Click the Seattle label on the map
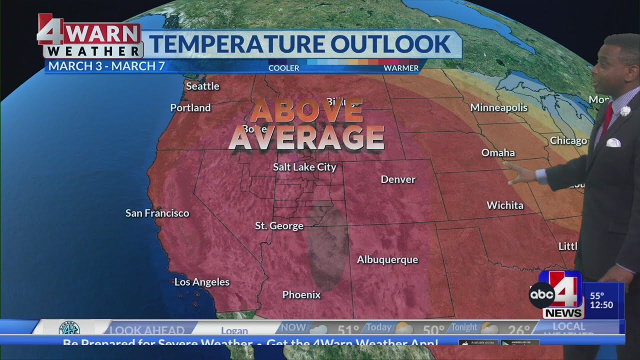pyautogui.click(x=202, y=86)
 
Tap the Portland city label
pyautogui.click(x=190, y=107)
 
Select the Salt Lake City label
pyautogui.click(x=304, y=167)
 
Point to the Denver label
pyautogui.click(x=398, y=179)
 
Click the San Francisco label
pyautogui.click(x=157, y=213)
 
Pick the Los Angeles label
pyautogui.click(x=201, y=282)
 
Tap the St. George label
pyautogui.click(x=279, y=225)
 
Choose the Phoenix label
pyautogui.click(x=301, y=294)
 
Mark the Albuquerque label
pyautogui.click(x=387, y=259)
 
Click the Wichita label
pyautogui.click(x=505, y=205)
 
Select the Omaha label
pyautogui.click(x=498, y=152)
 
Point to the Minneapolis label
pyautogui.click(x=498, y=107)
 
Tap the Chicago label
pyautogui.click(x=568, y=140)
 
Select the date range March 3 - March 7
pyautogui.click(x=106, y=66)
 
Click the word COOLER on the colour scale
pyautogui.click(x=283, y=68)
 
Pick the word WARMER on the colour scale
pyautogui.click(x=401, y=68)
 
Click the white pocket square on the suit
pyautogui.click(x=613, y=142)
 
